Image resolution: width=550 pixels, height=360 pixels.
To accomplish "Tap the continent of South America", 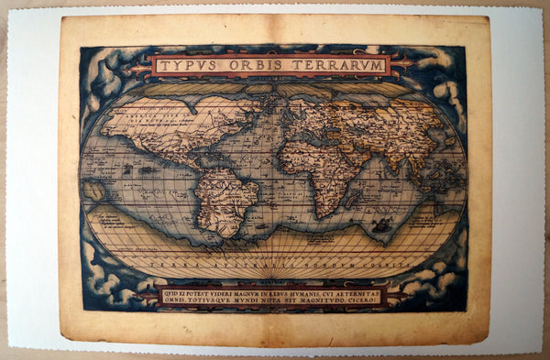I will [225, 197].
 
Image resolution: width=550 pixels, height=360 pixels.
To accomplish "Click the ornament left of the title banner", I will [138, 66].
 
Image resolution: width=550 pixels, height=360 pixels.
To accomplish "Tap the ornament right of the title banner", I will [401, 64].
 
